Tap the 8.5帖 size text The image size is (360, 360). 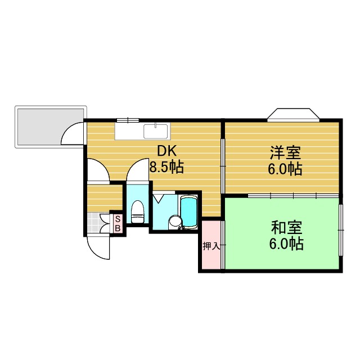pyautogui.click(x=166, y=167)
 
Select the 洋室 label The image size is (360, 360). pyautogui.click(x=285, y=152)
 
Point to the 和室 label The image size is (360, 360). pyautogui.click(x=287, y=228)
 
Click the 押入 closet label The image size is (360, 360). pyautogui.click(x=211, y=246)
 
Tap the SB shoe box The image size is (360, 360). pyautogui.click(x=118, y=224)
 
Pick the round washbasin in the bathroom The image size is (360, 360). pyautogui.click(x=175, y=222)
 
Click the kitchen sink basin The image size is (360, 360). pyautogui.click(x=155, y=131)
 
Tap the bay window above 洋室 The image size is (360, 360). pyautogui.click(x=293, y=114)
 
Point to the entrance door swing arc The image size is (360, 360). pyautogui.click(x=98, y=247)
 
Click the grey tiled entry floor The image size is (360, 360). pyautogui.click(x=99, y=223)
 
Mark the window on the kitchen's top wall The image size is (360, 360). pyautogui.click(x=127, y=119)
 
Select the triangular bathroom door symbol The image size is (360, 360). pyautogui.click(x=159, y=199)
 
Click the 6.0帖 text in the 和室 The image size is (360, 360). pyautogui.click(x=287, y=244)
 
